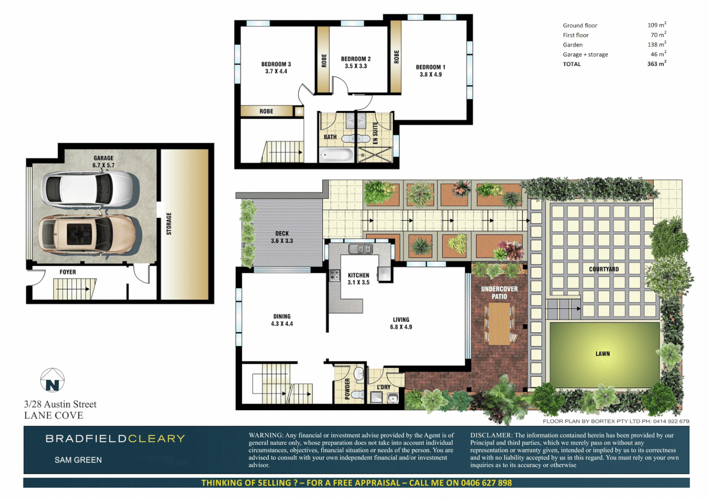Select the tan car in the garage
(x=87, y=234)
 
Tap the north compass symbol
(x=52, y=381)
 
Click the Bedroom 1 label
(x=430, y=67)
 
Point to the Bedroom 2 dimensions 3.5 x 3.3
(x=355, y=66)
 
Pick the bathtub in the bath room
(x=336, y=154)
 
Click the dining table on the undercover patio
(x=499, y=323)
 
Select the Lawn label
(x=602, y=354)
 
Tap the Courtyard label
(x=604, y=269)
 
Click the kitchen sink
(x=360, y=249)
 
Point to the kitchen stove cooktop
(x=334, y=276)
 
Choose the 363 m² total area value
(x=656, y=64)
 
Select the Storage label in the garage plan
(x=169, y=224)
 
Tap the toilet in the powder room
(x=356, y=395)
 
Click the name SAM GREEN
(x=78, y=460)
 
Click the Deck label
(x=282, y=234)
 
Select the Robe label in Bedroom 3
(x=266, y=111)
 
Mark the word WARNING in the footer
(x=265, y=435)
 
